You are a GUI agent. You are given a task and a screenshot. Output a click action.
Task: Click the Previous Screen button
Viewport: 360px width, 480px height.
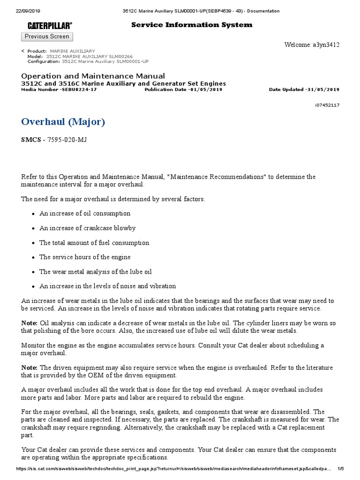click(x=47, y=37)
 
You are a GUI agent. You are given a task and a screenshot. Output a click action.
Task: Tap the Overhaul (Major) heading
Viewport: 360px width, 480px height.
click(x=63, y=122)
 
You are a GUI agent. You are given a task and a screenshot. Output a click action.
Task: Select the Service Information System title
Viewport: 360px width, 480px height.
click(x=191, y=25)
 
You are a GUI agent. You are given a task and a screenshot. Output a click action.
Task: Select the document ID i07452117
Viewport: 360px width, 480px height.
click(x=327, y=105)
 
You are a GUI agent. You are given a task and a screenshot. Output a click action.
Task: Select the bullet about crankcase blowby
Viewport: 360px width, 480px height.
click(x=88, y=228)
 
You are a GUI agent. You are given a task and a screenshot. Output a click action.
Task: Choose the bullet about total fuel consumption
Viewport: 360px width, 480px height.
click(x=94, y=243)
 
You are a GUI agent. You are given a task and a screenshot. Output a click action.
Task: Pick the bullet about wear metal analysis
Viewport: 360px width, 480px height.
click(x=96, y=272)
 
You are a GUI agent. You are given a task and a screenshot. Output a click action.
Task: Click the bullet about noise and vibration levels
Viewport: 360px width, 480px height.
click(x=108, y=286)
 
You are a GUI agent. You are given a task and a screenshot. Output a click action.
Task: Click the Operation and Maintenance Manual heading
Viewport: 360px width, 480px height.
click(x=93, y=76)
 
